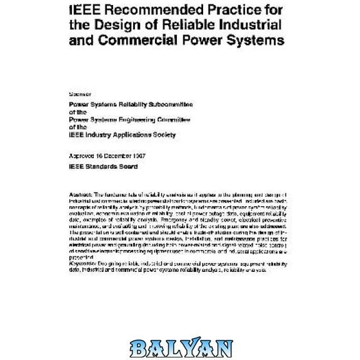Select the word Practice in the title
[224, 10]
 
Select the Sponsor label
[80, 94]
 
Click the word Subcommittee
[168, 104]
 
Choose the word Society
[164, 135]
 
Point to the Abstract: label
[80, 194]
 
